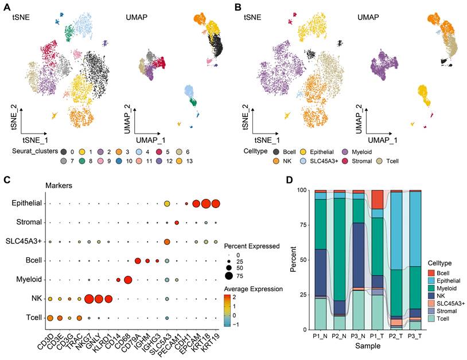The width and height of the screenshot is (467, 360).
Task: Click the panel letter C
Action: (6, 179)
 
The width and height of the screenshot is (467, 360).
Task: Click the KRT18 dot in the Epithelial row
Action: (205, 204)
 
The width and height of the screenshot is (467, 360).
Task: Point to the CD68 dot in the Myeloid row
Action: (128, 280)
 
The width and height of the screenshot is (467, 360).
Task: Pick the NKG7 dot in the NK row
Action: (89, 299)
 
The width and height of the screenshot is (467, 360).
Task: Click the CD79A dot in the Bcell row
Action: (138, 261)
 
